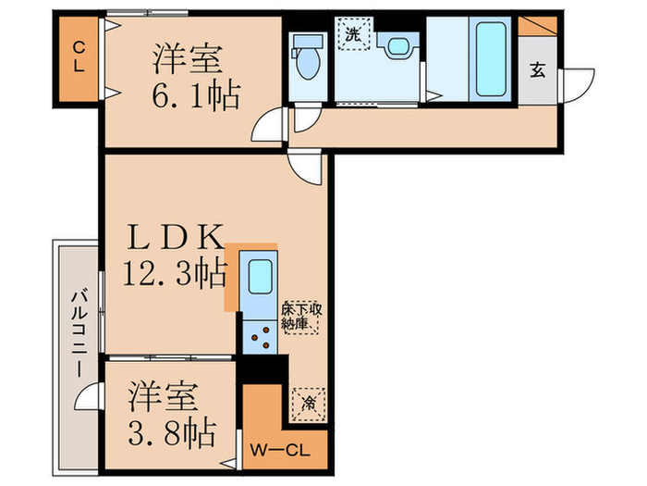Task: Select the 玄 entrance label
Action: click(537, 70)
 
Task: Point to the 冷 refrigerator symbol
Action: click(307, 402)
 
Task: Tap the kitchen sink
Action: click(258, 276)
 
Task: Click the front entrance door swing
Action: click(577, 84)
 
